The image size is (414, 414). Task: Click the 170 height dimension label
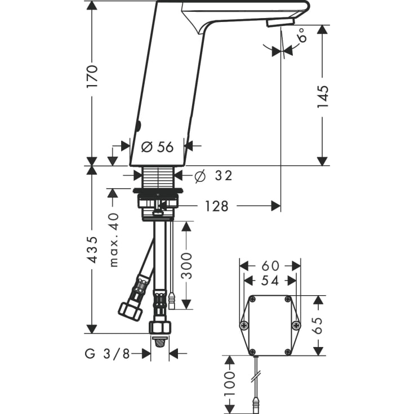click(x=92, y=76)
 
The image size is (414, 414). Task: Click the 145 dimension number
click(x=323, y=97)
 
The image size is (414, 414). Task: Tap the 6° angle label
click(x=302, y=35)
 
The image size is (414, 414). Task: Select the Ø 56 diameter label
click(x=157, y=147)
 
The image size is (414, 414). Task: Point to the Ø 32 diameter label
click(x=213, y=176)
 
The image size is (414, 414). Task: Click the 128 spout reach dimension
click(x=216, y=206)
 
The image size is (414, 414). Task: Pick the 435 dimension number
click(x=92, y=250)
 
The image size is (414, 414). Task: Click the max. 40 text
click(x=114, y=240)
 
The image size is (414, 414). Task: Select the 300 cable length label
click(x=186, y=266)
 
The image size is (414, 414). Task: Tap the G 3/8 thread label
click(x=107, y=354)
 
